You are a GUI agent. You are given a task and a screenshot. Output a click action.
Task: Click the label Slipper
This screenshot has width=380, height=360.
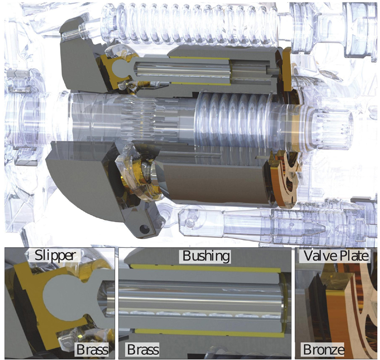click(x=55, y=255)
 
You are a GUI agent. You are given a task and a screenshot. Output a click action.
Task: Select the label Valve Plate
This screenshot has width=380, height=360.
click(x=336, y=255)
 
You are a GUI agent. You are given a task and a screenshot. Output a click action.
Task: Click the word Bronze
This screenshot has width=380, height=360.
click(x=323, y=349)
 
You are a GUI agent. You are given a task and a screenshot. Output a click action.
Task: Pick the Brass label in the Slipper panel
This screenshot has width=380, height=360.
click(x=92, y=349)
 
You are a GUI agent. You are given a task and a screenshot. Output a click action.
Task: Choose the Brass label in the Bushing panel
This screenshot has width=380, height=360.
click(x=143, y=349)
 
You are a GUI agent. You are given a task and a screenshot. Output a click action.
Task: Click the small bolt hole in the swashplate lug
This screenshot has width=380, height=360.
click(x=145, y=229)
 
